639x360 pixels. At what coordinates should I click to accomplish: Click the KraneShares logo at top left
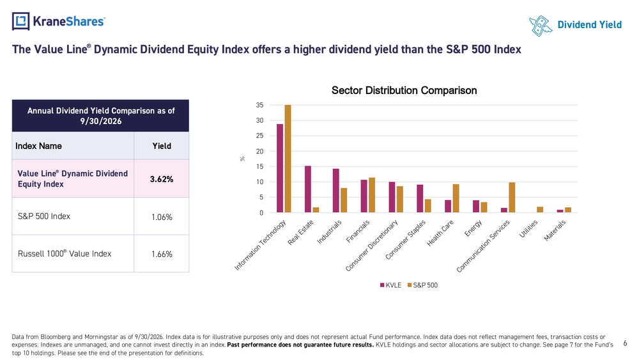point(58,21)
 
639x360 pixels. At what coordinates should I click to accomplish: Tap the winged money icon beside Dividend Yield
point(541,26)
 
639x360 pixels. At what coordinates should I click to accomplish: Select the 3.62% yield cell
point(162,179)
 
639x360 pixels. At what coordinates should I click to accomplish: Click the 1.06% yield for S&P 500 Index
point(162,217)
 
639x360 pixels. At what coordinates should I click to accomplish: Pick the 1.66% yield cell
point(162,254)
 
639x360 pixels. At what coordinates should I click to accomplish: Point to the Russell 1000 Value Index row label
point(65,254)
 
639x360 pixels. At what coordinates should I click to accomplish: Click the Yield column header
point(162,146)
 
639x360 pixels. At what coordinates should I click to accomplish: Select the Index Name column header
point(38,146)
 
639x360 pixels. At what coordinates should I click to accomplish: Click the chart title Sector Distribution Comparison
point(404,90)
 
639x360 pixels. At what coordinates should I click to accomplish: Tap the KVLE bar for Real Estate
point(308,189)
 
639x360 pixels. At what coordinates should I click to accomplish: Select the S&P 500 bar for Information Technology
point(288,159)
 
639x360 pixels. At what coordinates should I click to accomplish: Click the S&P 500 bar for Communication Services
point(512,198)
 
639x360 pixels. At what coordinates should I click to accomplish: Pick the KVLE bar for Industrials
point(336,191)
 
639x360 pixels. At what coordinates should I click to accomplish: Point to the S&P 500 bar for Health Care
point(456,198)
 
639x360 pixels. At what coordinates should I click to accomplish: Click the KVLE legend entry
point(390,285)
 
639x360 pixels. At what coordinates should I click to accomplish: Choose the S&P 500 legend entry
point(422,285)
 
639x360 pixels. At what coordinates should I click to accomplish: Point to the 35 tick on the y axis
point(259,105)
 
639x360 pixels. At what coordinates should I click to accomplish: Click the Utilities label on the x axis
point(528,229)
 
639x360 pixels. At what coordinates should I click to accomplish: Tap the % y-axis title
point(242,159)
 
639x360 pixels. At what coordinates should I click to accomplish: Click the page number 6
point(625,343)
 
